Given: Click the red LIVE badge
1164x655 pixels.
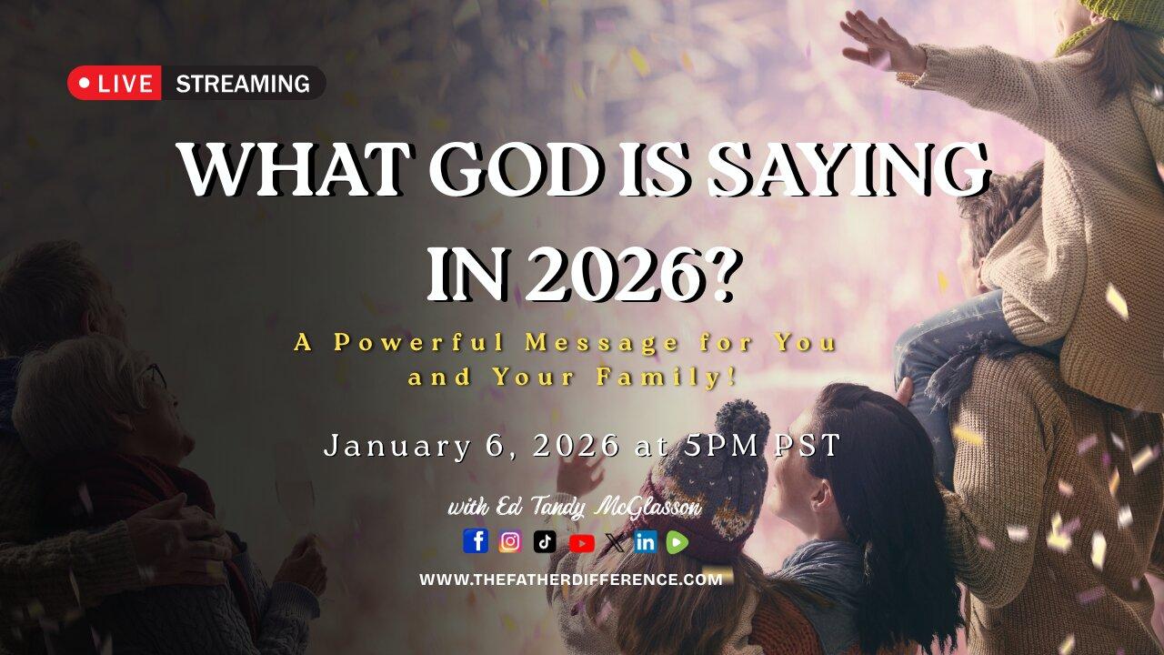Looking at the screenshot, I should click(115, 84).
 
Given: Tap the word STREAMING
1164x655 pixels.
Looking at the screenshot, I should click(242, 84).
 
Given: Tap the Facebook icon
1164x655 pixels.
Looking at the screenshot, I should click(476, 541).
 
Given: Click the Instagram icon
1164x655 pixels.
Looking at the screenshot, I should click(510, 541).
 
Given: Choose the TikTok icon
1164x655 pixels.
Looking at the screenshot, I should click(545, 541).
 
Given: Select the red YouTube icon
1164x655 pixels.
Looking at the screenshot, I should click(581, 542).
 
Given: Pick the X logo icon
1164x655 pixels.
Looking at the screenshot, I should click(615, 542).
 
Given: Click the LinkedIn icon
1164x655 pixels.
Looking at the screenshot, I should click(646, 542).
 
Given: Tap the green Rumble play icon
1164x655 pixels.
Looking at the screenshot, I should click(677, 542).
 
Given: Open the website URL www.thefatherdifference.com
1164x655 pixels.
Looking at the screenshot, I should click(571, 579).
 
